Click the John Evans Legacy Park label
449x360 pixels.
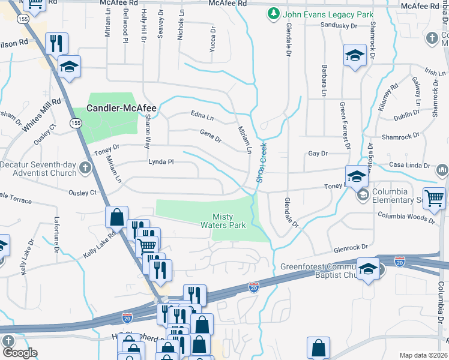click(329, 14)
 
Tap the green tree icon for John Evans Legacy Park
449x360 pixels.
click(273, 14)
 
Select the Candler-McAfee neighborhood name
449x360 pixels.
click(122, 109)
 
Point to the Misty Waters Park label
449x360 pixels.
click(229, 221)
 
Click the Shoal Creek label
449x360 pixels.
click(261, 162)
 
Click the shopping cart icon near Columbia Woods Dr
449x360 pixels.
click(434, 198)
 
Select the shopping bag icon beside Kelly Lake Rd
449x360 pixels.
click(117, 217)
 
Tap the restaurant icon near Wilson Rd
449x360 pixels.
click(56, 43)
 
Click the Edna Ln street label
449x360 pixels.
click(202, 115)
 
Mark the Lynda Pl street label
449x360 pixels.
click(161, 161)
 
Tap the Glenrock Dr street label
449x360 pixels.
click(351, 247)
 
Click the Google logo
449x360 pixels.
click(20, 353)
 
